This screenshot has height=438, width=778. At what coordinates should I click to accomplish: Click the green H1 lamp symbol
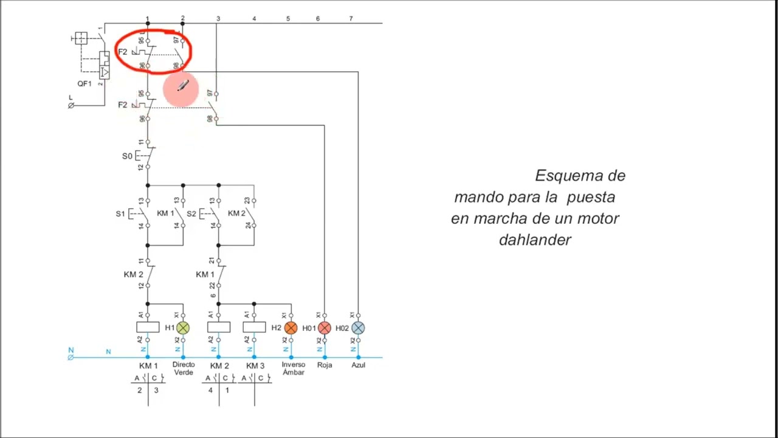[x=183, y=328]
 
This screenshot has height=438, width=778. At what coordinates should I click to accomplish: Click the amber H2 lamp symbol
[x=291, y=328]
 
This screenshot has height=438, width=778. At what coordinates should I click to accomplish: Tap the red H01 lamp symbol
[x=325, y=328]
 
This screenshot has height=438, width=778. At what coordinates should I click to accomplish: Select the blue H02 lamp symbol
[x=358, y=328]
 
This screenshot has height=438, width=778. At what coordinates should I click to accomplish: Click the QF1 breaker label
[x=84, y=83]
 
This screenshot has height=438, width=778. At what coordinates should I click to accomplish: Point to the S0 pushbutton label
[x=127, y=156]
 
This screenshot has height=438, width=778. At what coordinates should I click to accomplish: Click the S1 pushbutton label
[x=120, y=214]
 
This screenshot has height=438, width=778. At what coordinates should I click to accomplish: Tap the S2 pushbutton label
[x=191, y=214]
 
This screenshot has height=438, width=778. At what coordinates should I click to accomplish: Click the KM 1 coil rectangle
[x=148, y=327]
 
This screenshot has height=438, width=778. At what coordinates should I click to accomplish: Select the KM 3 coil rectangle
[x=254, y=327]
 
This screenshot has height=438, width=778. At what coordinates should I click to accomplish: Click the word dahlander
[x=535, y=240]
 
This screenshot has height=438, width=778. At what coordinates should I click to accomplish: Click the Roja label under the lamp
[x=325, y=365]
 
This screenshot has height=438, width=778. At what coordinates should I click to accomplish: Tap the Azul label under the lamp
[x=358, y=365]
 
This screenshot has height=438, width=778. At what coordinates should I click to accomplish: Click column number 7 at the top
[x=351, y=19]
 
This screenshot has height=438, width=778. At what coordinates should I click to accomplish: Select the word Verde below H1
[x=184, y=372]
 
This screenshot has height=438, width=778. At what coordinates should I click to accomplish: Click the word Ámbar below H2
[x=294, y=372]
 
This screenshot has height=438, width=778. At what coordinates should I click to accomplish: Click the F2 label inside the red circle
[x=123, y=52]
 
